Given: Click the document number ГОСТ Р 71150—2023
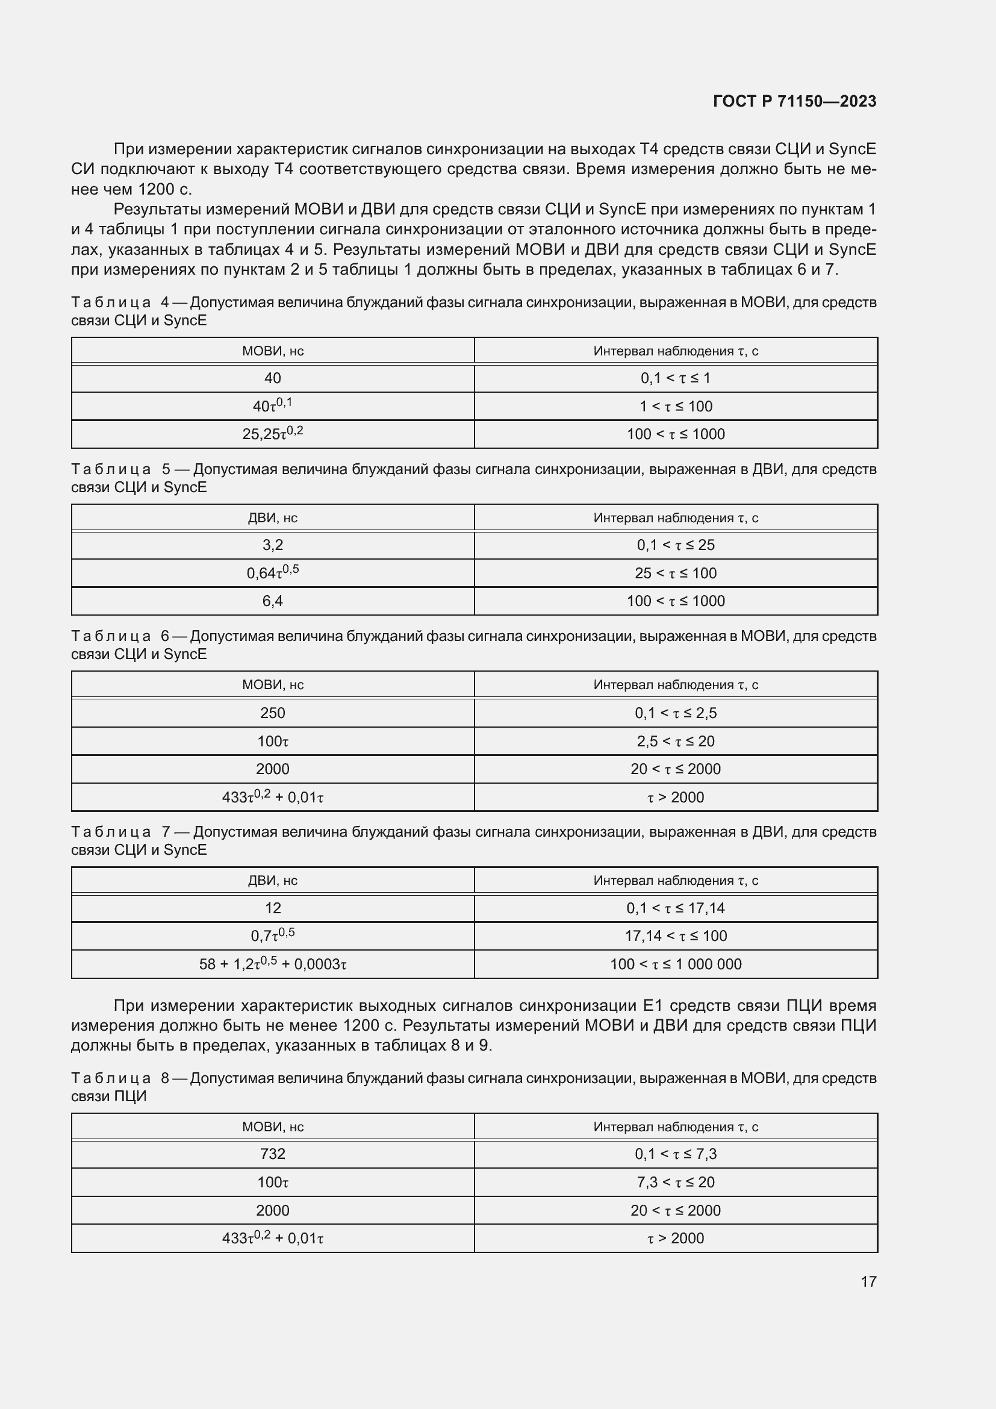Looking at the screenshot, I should pos(795,101).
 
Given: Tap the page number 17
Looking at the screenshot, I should pos(868,1281).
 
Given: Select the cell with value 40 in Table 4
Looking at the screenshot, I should pos(272,378).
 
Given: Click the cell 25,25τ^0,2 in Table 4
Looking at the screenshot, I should pos(272,434).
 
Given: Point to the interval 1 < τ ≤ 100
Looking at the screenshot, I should pos(675,406).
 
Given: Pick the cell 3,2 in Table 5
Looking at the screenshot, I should pos(272,545).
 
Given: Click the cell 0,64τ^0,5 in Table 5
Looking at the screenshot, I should pos(272,572).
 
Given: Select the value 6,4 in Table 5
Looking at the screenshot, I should pos(272,601).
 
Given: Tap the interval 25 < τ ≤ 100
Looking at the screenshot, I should pos(675,573).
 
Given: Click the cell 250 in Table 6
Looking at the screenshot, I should pos(272,713).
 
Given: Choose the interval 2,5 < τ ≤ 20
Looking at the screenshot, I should pos(675,742).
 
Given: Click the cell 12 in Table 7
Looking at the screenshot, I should pos(272,908).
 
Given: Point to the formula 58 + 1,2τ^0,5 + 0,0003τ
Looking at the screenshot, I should pos(272,964).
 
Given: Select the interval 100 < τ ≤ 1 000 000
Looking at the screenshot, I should pos(675,964).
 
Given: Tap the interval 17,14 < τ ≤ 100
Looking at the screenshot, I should pos(675,936).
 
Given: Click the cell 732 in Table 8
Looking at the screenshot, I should pos(272,1154).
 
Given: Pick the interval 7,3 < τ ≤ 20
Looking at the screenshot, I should pos(675,1182).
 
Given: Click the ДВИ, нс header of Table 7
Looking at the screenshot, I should pos(272,881).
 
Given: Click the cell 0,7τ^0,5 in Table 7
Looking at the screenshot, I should pos(272,936).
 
